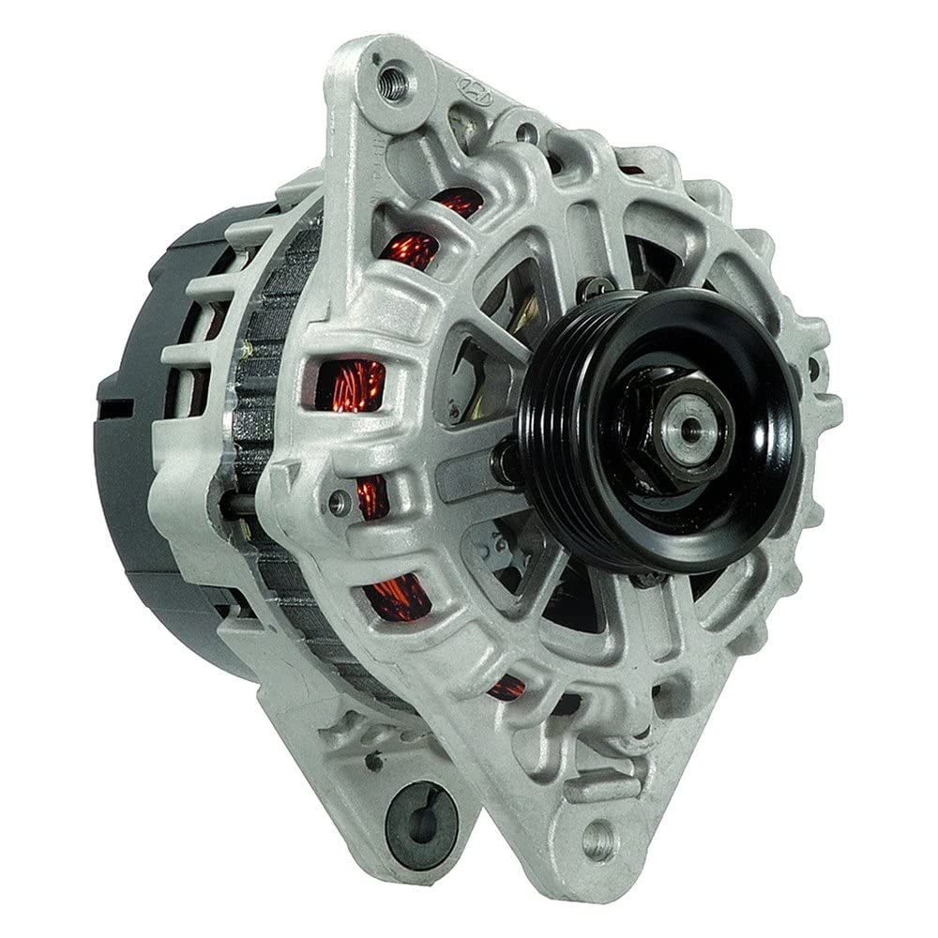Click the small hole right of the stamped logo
click(x=527, y=132)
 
